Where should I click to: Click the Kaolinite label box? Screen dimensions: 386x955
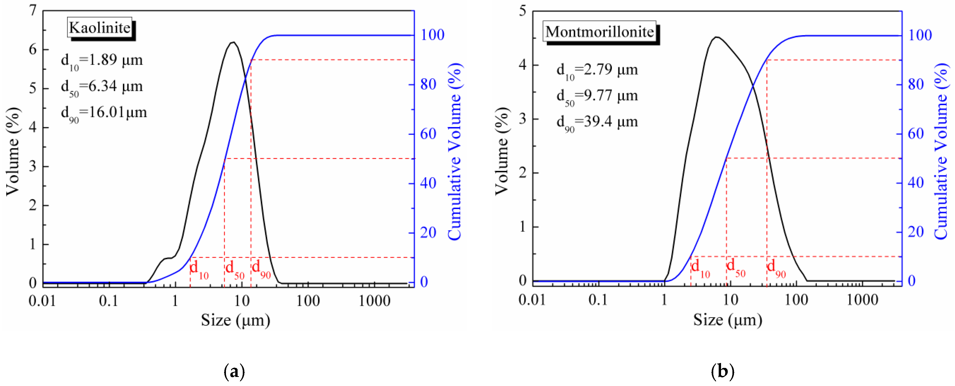click(x=99, y=28)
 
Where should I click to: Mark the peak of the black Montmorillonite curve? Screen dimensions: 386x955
click(x=717, y=37)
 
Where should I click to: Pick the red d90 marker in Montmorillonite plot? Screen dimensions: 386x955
click(x=776, y=268)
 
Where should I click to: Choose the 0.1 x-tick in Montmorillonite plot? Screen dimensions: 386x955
click(x=598, y=300)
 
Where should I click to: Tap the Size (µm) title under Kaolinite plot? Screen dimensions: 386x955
click(x=236, y=320)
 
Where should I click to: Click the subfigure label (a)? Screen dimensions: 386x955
click(x=234, y=371)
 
